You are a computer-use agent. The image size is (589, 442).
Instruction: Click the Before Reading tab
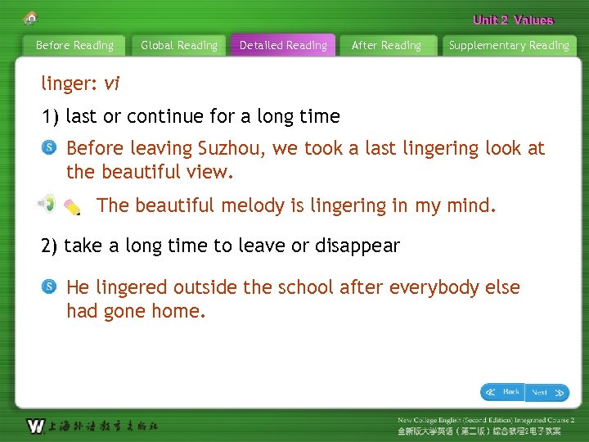pyautogui.click(x=74, y=46)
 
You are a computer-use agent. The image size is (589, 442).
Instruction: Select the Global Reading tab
pyautogui.click(x=179, y=46)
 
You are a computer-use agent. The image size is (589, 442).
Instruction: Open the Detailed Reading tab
pyautogui.click(x=283, y=46)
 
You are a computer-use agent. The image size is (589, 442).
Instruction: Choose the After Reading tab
pyautogui.click(x=386, y=46)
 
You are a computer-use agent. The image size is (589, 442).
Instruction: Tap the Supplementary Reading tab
pyautogui.click(x=509, y=46)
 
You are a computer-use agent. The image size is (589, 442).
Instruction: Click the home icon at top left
pyautogui.click(x=31, y=18)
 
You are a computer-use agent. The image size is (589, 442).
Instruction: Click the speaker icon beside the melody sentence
pyautogui.click(x=47, y=203)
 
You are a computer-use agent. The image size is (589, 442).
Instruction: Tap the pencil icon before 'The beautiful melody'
pyautogui.click(x=71, y=208)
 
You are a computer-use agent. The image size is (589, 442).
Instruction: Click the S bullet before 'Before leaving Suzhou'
pyautogui.click(x=49, y=148)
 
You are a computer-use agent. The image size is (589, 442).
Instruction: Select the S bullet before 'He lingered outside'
pyautogui.click(x=49, y=287)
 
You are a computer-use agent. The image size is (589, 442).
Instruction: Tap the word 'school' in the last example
pyautogui.click(x=306, y=287)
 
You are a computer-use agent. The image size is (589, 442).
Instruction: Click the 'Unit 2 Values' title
pyautogui.click(x=513, y=20)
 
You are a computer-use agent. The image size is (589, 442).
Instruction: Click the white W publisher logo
pyautogui.click(x=35, y=426)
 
